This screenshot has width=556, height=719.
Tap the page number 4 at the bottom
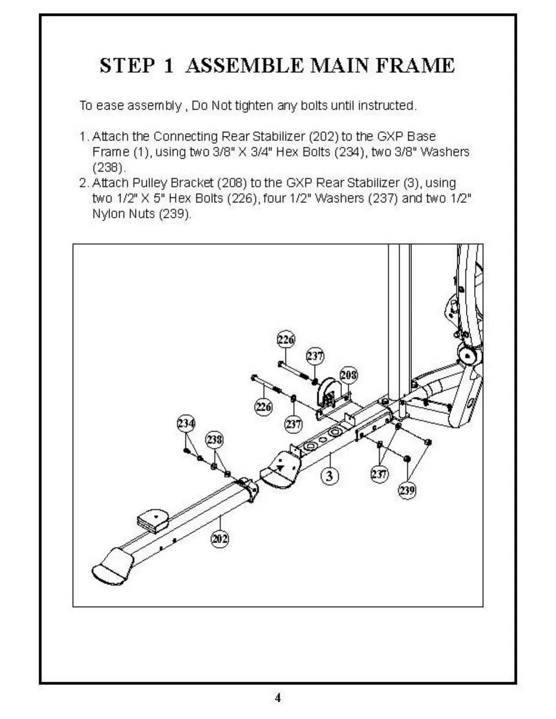coord(278,698)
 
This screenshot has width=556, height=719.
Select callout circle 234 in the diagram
coord(185,424)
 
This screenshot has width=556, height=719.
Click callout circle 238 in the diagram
coord(215,439)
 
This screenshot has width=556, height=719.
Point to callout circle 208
coord(348,375)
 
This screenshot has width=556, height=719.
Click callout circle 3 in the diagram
coord(330,476)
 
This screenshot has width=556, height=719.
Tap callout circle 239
coord(407,490)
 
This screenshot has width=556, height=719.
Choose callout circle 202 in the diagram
coord(220,539)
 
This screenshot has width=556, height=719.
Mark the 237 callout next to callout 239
coord(379,474)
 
